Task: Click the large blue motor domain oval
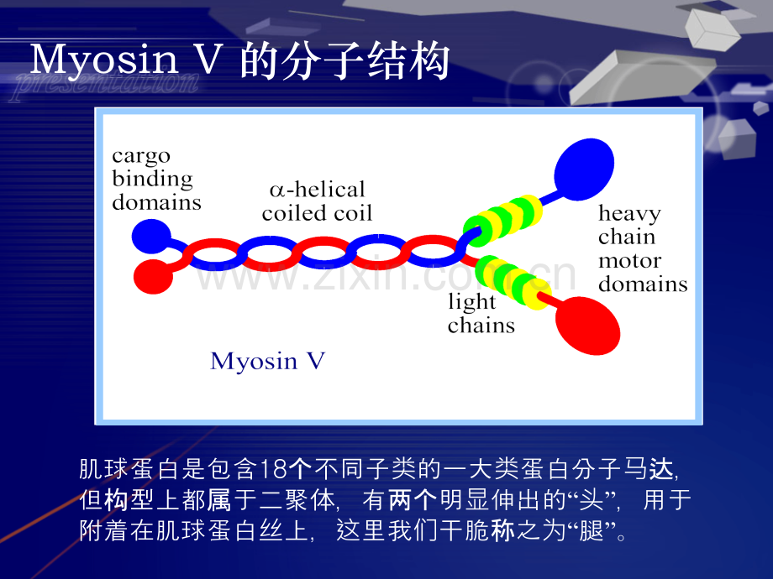click(x=584, y=170)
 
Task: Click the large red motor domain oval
click(x=587, y=326)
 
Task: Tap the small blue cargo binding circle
click(x=151, y=237)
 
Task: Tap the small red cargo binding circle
click(x=153, y=277)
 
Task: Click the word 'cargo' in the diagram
click(x=141, y=157)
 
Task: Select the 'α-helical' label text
click(x=318, y=190)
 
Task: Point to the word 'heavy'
click(x=629, y=215)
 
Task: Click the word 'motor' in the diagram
click(x=629, y=261)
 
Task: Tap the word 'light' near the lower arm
click(x=472, y=302)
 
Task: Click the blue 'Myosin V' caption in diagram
click(x=268, y=361)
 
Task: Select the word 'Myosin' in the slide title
click(x=104, y=60)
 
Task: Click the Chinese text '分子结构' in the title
click(x=365, y=61)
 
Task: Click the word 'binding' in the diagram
click(x=152, y=179)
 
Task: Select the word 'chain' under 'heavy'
click(x=627, y=237)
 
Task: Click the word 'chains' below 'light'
click(x=481, y=325)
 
